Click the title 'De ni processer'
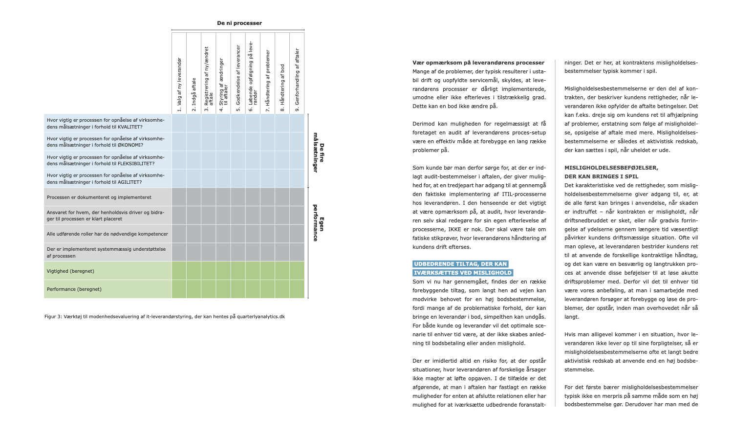pyautogui.click(x=239, y=23)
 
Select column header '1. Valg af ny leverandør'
pyautogui.click(x=179, y=84)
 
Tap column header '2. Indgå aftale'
pyautogui.click(x=194, y=94)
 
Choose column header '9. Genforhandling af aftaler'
pyautogui.click(x=297, y=80)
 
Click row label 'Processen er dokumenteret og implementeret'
pyautogui.click(x=99, y=197)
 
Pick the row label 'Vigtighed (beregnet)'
pyautogui.click(x=70, y=271)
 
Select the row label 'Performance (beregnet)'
pyautogui.click(x=74, y=289)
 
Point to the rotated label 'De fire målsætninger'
pyautogui.click(x=319, y=152)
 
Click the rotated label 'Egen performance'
pyautogui.click(x=319, y=224)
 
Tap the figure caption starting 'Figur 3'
pyautogui.click(x=164, y=316)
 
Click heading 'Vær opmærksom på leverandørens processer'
pyautogui.click(x=478, y=63)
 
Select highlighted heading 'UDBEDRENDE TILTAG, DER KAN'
pyautogui.click(x=460, y=264)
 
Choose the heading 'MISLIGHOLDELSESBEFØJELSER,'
pyautogui.click(x=611, y=168)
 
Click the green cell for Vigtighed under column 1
pyautogui.click(x=179, y=271)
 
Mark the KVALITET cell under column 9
pyautogui.click(x=297, y=123)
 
